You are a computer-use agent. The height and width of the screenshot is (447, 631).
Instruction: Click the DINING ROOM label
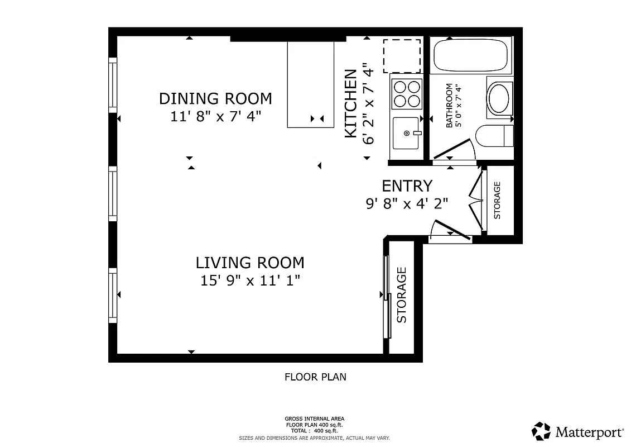click(x=215, y=98)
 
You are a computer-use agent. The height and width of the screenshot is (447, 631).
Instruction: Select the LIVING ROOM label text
click(x=249, y=262)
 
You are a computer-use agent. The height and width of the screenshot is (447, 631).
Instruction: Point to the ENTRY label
click(x=407, y=186)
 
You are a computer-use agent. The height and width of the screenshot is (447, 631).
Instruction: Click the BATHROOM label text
click(x=449, y=106)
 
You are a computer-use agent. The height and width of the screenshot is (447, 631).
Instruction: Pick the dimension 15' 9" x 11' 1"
click(x=250, y=280)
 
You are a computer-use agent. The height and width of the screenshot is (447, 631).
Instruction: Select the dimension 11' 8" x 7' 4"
click(x=215, y=117)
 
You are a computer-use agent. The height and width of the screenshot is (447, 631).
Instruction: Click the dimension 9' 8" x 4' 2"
click(x=407, y=203)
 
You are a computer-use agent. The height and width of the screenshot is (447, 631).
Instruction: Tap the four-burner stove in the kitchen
click(x=406, y=94)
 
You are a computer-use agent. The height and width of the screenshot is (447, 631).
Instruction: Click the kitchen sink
click(x=406, y=133)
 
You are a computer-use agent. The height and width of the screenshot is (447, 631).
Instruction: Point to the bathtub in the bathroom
click(x=473, y=55)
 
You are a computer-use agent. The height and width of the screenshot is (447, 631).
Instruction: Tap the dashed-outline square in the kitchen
click(x=402, y=56)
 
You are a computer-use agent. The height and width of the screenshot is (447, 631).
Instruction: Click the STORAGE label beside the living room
click(x=402, y=295)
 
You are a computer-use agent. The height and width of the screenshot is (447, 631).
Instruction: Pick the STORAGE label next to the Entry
click(x=497, y=200)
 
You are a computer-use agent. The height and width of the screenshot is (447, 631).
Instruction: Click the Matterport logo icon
click(x=541, y=431)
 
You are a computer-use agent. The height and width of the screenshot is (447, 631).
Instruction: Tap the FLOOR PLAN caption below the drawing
click(x=315, y=377)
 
